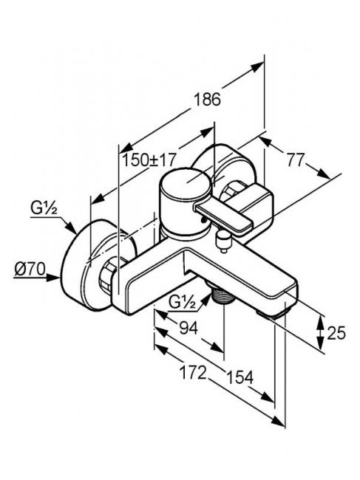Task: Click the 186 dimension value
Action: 208,99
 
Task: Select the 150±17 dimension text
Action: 150,160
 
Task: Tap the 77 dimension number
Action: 296,160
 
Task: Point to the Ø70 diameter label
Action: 30,270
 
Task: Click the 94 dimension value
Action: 189,328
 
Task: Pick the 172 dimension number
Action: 193,372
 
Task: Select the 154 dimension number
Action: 240,377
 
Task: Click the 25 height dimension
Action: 336,333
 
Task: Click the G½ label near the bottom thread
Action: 183,303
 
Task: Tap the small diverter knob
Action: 224,241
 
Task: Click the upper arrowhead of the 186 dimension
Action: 257,66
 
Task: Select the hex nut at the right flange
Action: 233,191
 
